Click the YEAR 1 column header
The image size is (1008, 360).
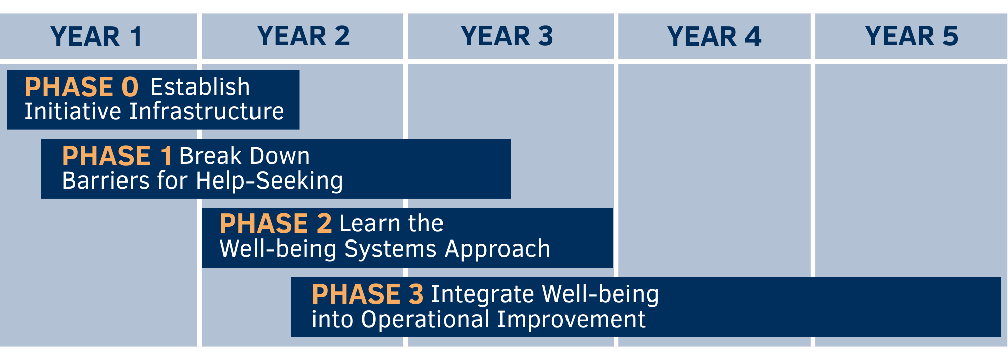96,37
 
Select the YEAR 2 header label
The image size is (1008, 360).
303,37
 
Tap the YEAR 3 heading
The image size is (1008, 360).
507,37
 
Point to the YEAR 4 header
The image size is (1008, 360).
714,37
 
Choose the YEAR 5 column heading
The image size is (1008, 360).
911,37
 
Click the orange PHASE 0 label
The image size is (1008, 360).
81,87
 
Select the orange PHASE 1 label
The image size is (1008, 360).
117,156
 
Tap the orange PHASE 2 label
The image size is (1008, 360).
275,224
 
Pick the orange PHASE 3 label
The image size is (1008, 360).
367,294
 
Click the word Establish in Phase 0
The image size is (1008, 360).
200,87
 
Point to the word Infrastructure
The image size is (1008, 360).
206,112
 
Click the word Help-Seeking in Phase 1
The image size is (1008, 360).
269,181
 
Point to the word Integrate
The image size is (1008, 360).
482,294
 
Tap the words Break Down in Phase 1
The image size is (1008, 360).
244,156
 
